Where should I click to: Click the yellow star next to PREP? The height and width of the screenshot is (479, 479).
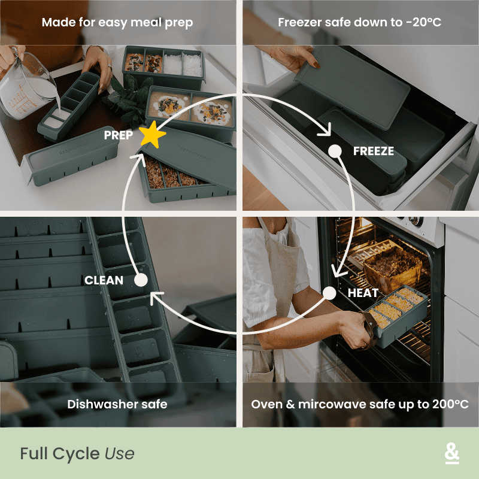153,136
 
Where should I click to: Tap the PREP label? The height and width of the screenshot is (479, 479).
119,135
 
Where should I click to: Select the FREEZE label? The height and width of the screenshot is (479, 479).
374,151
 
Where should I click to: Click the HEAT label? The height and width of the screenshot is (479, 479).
363,293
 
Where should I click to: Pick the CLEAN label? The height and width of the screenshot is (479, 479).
104,280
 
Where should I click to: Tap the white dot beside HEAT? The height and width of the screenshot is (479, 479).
329,293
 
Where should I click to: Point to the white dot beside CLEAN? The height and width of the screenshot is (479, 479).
141,280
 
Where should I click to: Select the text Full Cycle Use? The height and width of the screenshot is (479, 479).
77,454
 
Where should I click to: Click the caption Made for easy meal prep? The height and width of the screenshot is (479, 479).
117,23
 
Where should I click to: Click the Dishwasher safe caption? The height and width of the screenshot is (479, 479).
117,404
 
